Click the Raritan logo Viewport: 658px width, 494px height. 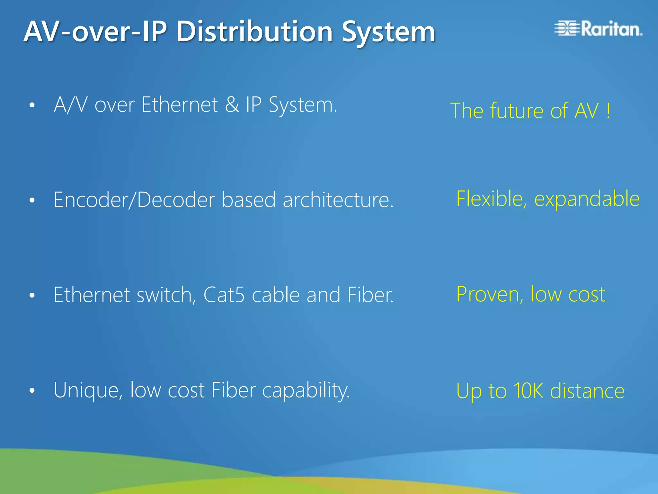pos(598,29)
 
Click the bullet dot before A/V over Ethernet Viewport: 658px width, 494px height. pos(32,105)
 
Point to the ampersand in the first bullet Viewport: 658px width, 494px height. pos(232,105)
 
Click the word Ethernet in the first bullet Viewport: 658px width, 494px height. pos(180,105)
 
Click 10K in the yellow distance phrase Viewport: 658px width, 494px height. pos(528,391)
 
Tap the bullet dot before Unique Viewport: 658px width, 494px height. pos(32,391)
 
